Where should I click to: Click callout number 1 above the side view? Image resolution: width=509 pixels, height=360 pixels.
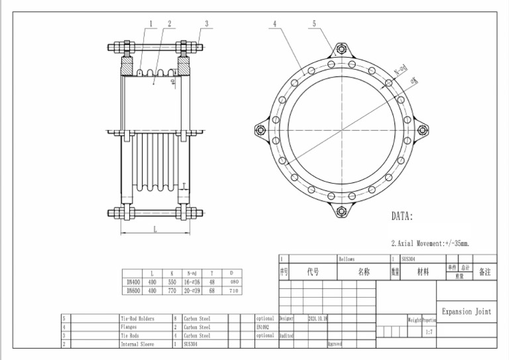(x=151, y=23)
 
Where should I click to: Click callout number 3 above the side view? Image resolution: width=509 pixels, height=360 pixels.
(x=207, y=23)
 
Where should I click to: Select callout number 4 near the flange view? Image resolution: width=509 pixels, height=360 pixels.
(x=274, y=23)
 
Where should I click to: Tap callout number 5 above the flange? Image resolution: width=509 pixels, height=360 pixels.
(x=314, y=23)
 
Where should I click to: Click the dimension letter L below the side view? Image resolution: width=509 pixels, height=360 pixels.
(x=154, y=229)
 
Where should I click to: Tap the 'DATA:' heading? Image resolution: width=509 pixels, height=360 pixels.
(x=402, y=217)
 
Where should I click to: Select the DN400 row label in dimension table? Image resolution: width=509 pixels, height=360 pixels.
(x=133, y=282)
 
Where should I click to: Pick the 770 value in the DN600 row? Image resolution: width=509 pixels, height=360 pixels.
(x=172, y=290)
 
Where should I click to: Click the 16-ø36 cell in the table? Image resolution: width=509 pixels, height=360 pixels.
(x=192, y=282)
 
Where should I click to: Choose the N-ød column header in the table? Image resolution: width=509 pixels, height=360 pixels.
(x=192, y=273)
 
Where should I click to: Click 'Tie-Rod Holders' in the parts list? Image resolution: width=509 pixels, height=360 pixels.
(x=137, y=318)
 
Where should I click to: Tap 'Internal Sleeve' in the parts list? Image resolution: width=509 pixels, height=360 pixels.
(x=137, y=344)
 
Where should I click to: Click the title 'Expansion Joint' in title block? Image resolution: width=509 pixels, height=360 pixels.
(x=467, y=312)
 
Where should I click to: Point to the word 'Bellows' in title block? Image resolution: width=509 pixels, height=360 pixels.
(x=347, y=259)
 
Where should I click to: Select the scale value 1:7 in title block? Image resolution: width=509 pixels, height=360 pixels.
(x=429, y=332)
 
